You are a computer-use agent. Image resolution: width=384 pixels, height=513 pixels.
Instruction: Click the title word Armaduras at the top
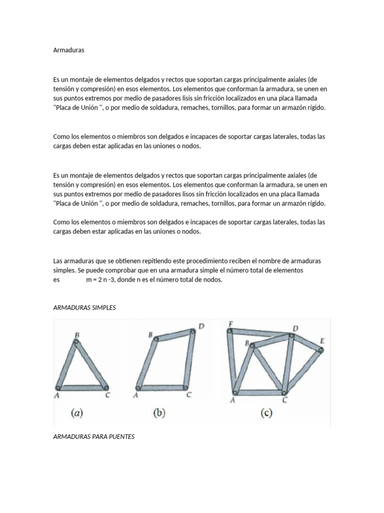pyautogui.click(x=68, y=51)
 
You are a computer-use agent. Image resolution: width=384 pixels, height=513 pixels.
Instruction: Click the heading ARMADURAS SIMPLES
pyautogui.click(x=84, y=308)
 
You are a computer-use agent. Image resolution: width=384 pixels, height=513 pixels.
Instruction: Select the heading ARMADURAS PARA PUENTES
pyautogui.click(x=93, y=437)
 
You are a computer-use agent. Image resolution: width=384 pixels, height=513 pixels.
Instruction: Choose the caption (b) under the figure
pyautogui.click(x=159, y=413)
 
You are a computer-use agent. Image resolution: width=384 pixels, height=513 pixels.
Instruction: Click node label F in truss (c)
pyautogui.click(x=230, y=324)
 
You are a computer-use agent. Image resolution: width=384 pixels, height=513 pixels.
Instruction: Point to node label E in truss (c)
pyautogui.click(x=322, y=341)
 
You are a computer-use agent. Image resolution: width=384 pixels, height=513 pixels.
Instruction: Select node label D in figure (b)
pyautogui.click(x=200, y=327)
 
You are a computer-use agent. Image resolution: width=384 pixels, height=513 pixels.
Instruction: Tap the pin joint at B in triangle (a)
pyautogui.click(x=76, y=343)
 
